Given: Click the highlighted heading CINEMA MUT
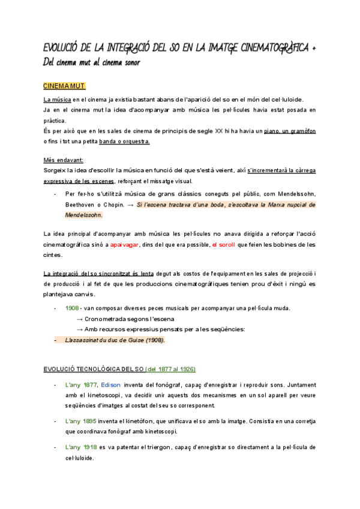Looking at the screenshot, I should [x=64, y=86].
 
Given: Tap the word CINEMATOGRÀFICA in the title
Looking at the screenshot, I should [x=273, y=47].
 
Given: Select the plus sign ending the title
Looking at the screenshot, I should [x=315, y=47].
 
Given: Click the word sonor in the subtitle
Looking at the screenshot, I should [x=129, y=62].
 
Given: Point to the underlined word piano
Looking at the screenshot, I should [x=256, y=130].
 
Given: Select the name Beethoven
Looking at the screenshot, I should [x=81, y=205].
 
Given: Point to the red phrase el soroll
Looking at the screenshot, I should [x=224, y=245].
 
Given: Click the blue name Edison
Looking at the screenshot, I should [x=111, y=384].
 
